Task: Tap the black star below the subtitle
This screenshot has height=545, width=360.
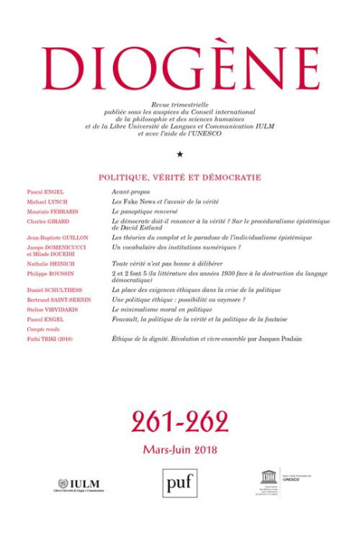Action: [x=180, y=154]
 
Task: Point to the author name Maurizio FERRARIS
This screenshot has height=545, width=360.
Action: [x=51, y=211]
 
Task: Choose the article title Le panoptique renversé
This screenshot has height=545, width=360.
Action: [x=145, y=211]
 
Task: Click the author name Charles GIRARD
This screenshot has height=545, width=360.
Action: [x=48, y=221]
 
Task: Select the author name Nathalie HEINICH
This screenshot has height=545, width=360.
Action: [x=51, y=264]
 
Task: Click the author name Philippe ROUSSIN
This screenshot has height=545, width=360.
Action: [x=49, y=274]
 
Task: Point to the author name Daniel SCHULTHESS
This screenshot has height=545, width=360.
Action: [x=54, y=290]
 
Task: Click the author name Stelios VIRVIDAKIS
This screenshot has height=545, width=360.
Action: [x=53, y=309]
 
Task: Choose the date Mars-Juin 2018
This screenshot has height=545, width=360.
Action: [x=180, y=449]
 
